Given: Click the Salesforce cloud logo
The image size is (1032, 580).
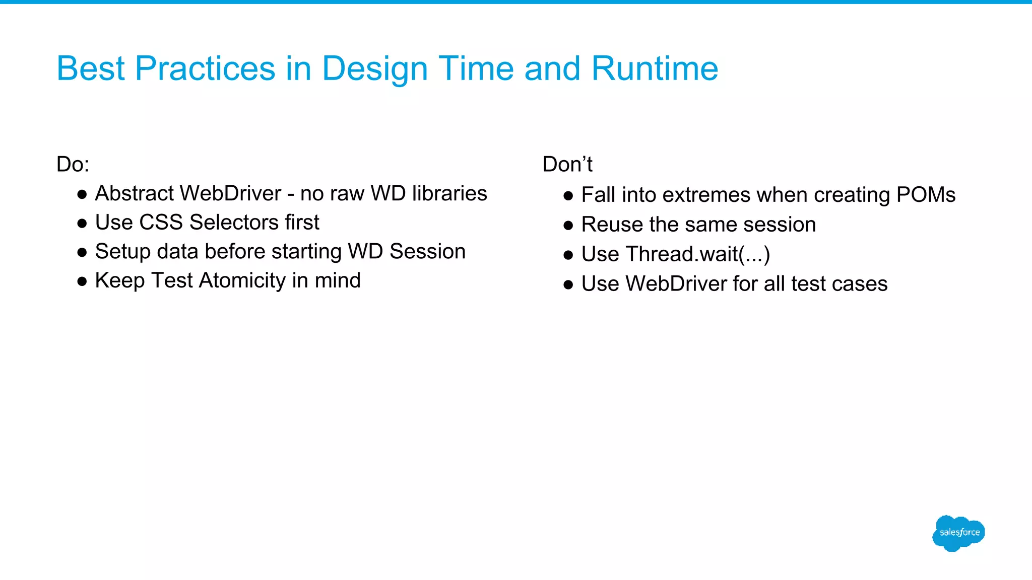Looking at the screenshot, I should pos(958,533).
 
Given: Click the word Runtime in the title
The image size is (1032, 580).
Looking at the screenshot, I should pos(655,68).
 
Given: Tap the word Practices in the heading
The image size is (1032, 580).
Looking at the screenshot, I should pos(205,68).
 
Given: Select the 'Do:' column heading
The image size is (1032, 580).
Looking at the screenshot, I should pos(73,165).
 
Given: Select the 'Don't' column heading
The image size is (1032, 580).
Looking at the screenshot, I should pos(567,165).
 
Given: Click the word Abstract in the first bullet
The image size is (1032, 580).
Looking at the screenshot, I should pos(135,193).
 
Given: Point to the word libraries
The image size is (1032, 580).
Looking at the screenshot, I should pos(449,193).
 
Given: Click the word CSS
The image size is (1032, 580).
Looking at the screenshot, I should pos(161,223).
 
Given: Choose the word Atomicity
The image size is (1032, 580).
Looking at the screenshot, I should pos(242,280).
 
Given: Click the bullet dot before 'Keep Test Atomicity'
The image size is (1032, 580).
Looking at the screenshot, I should pos(82,281).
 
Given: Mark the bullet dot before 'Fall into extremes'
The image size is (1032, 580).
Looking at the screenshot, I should pos(568,196).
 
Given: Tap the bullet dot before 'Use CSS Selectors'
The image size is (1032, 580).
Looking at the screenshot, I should pos(82,224).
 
